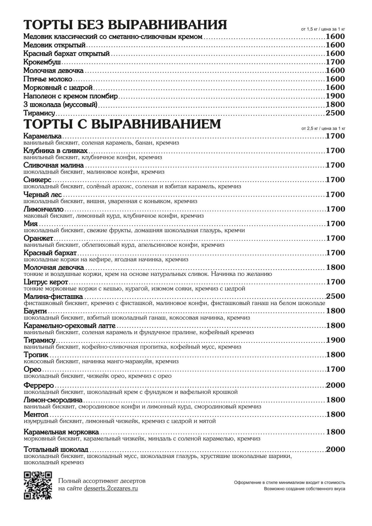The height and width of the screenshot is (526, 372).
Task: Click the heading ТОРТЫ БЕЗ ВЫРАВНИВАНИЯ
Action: coord(125,25)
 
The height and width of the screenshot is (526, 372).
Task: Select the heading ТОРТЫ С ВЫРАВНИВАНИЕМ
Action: coord(122,124)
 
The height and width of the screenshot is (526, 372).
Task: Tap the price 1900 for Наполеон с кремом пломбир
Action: coord(335,96)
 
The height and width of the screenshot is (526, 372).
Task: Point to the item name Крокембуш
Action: coord(42,62)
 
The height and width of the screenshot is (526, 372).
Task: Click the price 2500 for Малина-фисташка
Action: coord(335,296)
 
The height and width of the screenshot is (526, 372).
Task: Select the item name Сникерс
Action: coord(37,180)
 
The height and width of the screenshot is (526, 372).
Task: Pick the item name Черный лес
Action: coord(43,195)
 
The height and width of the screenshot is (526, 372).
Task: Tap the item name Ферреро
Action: coord(39,385)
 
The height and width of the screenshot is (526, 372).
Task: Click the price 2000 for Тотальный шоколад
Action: coord(335,449)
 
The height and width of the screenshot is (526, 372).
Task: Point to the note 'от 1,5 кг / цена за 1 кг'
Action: coord(323,29)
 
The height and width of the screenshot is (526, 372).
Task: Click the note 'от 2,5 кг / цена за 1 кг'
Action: coord(323,128)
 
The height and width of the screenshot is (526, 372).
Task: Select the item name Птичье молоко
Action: coord(48,79)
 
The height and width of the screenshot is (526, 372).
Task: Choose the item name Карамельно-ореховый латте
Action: coord(69,326)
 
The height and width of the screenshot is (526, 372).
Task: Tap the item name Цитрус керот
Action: coord(46,282)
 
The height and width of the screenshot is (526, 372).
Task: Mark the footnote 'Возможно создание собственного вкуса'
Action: coord(304,489)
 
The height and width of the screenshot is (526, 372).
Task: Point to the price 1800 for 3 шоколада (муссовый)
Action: coord(335,105)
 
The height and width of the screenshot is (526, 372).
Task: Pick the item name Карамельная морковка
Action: coord(61,432)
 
